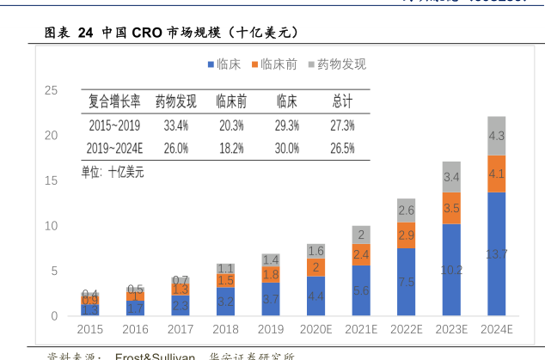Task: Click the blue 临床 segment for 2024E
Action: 496,254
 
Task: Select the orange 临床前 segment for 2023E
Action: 451,208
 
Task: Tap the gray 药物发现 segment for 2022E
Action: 407,211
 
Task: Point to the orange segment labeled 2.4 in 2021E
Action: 361,254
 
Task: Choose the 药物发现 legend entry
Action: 336,64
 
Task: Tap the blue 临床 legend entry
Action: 223,64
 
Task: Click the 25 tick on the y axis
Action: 52,90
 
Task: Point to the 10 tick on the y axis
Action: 52,226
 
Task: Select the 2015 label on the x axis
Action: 89,329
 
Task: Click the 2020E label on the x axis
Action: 315,329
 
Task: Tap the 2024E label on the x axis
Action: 496,329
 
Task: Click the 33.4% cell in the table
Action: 175,125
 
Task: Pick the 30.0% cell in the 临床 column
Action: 286,148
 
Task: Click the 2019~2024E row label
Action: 115,148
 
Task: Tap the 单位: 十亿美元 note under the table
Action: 113,172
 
